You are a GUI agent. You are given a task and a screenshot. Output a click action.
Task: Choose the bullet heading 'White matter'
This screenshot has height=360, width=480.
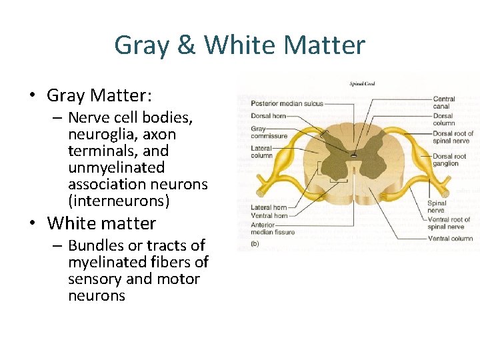click(101, 223)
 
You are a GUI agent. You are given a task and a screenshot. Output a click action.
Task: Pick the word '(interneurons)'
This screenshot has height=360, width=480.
click(119, 201)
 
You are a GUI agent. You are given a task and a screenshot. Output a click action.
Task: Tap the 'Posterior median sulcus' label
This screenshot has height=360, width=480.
click(287, 103)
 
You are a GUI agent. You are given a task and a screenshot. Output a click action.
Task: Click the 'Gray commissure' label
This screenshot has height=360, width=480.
click(269, 132)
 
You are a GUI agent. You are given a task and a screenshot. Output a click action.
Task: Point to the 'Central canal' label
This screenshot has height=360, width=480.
click(444, 103)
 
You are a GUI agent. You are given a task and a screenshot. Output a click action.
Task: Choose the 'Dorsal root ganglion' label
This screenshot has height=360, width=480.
click(450, 160)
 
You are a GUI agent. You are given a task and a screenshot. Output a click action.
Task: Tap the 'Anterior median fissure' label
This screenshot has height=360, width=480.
click(273, 228)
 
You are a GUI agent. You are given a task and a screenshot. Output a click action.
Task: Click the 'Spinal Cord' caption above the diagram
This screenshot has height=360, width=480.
click(363, 83)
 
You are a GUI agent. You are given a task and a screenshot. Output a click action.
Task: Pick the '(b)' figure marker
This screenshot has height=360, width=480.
click(255, 244)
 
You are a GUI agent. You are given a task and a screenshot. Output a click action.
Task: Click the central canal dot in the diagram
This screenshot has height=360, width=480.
click(353, 155)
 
